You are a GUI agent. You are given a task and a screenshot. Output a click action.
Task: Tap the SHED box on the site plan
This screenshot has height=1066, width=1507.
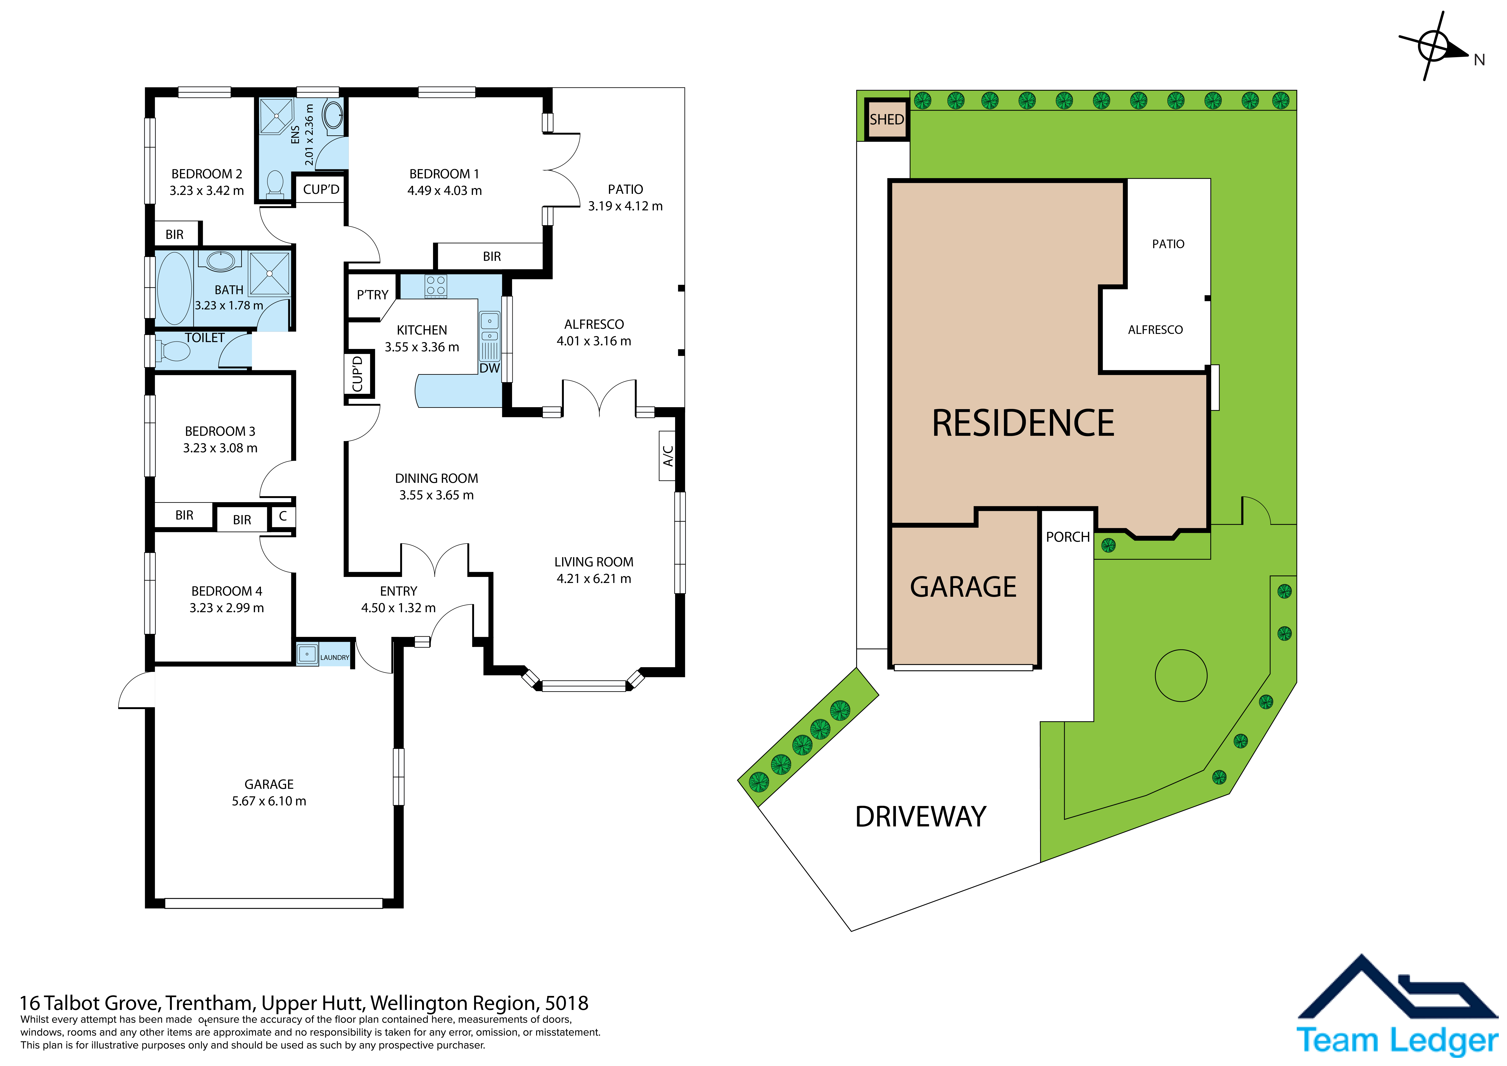point(887,119)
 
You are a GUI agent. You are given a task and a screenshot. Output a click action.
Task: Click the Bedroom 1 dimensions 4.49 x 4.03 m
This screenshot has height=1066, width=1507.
point(444,190)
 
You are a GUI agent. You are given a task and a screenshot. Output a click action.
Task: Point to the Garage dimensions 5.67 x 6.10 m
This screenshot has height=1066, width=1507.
point(269,801)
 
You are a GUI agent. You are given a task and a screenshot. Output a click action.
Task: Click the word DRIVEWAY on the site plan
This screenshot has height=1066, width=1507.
point(920,816)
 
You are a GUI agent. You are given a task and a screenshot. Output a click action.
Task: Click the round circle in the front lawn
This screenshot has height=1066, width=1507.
point(1181,675)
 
